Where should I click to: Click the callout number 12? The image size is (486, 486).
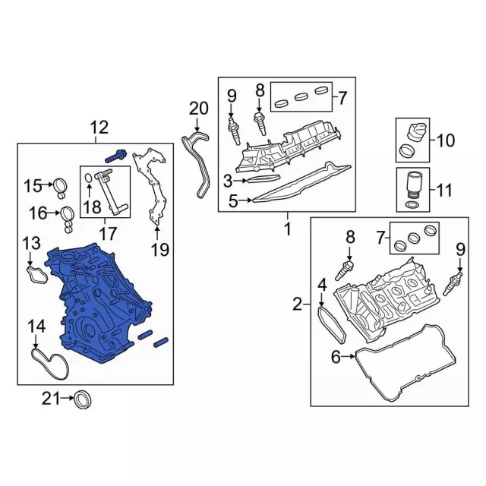[x=99, y=128]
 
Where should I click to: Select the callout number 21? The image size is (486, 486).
[x=51, y=399]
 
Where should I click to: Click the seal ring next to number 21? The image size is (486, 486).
[x=84, y=400]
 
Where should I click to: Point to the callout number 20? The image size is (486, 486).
[x=198, y=109]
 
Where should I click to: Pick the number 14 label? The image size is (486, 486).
[x=36, y=327]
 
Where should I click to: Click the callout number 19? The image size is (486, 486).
[x=160, y=250]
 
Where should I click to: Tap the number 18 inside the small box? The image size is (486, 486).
[x=93, y=207]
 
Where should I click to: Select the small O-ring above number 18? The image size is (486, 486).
[x=88, y=178]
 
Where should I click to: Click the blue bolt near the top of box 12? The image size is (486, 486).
[x=115, y=156]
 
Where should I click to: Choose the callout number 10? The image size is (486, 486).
[x=446, y=140]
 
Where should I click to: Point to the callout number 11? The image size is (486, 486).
[x=443, y=190]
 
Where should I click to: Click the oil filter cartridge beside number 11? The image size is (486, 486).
[x=413, y=188]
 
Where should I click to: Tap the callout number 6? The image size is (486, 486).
[x=336, y=357]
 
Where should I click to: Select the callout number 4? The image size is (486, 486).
[x=322, y=285]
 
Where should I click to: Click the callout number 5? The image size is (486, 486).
[x=233, y=200]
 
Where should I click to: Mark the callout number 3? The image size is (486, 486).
[x=228, y=181]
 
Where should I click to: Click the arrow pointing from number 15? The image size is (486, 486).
[x=47, y=185]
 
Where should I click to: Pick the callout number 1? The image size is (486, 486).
[x=288, y=229]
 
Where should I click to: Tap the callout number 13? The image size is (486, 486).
[x=32, y=243]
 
